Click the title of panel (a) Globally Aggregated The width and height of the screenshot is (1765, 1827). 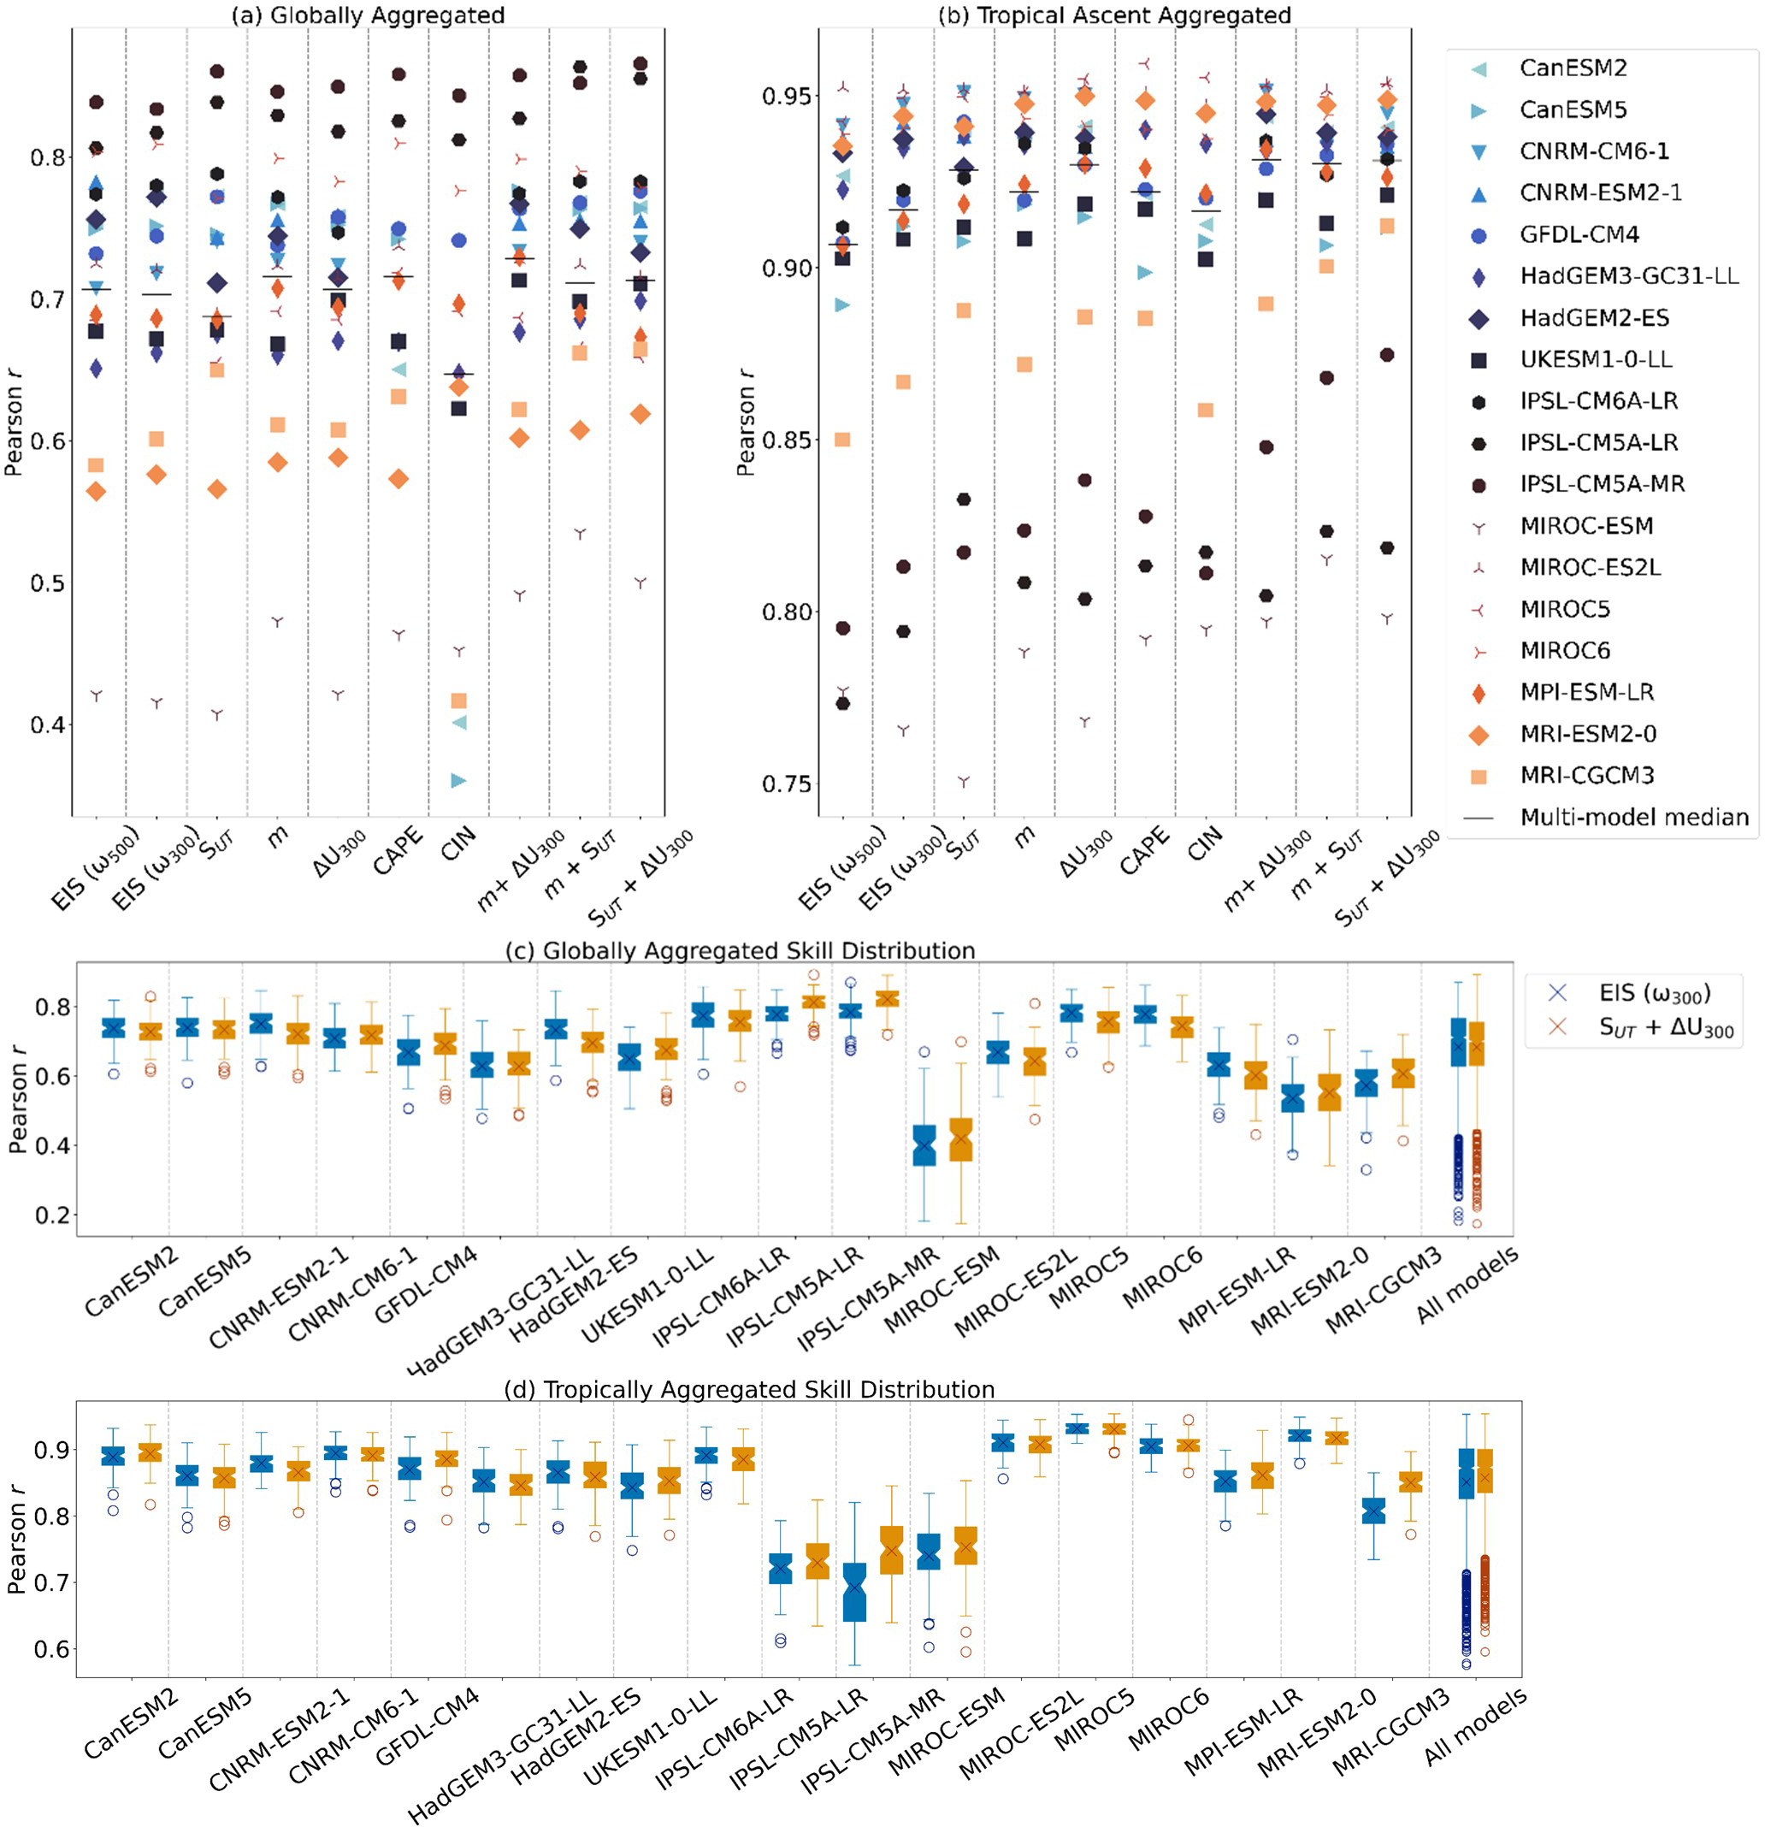pos(368,15)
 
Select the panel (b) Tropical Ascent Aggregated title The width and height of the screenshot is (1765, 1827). pos(1113,15)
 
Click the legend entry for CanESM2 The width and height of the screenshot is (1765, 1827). pos(1572,68)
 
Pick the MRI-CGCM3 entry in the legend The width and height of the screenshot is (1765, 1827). pos(1586,776)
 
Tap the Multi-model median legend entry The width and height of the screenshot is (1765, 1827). pos(1633,818)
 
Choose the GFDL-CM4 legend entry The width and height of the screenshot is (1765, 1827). pos(1579,235)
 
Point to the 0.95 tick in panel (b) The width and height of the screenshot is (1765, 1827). pos(786,96)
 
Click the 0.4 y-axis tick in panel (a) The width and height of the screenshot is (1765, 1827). pos(49,724)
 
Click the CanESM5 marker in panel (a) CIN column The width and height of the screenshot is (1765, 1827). pos(458,781)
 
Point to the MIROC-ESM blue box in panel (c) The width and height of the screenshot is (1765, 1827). pos(924,1145)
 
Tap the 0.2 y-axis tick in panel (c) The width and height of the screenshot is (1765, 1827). pos(53,1215)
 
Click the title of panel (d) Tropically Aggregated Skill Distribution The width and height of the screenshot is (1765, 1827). pos(748,1390)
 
